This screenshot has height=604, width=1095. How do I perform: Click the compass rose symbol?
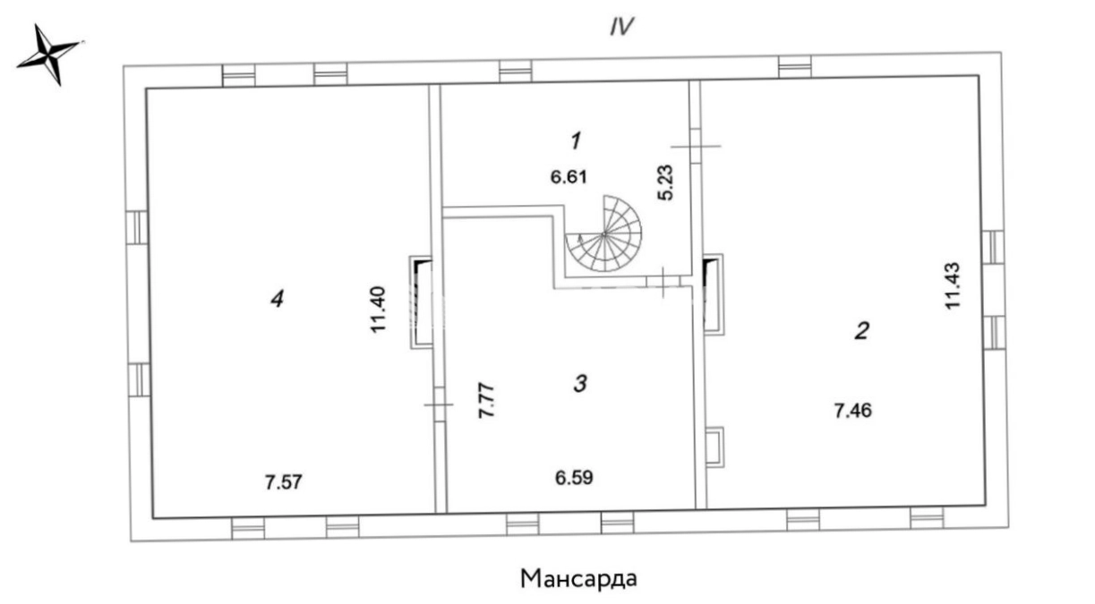click(49, 54)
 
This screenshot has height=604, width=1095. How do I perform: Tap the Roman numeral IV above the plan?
click(621, 27)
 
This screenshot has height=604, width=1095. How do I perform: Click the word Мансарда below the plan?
click(578, 579)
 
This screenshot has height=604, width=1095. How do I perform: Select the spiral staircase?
click(604, 234)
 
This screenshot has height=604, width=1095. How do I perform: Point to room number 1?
click(576, 140)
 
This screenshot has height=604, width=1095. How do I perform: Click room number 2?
click(861, 330)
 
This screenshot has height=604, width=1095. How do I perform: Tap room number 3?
click(580, 384)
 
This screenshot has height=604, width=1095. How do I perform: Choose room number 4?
click(278, 299)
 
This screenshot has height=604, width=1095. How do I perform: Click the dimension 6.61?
click(569, 176)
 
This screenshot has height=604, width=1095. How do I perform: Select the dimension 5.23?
click(665, 183)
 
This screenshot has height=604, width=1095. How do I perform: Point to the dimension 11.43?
click(953, 285)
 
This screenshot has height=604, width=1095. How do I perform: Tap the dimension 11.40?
click(378, 310)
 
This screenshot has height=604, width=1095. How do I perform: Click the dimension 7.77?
click(486, 401)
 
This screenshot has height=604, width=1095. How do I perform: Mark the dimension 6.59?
click(574, 477)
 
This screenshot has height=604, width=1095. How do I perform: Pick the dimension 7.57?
click(284, 482)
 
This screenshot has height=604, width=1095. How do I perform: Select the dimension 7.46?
click(852, 411)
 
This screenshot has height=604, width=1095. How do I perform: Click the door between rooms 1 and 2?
click(696, 146)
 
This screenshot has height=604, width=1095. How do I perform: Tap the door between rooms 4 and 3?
click(439, 404)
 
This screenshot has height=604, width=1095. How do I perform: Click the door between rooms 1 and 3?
click(663, 282)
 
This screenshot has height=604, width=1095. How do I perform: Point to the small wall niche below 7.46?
click(715, 447)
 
